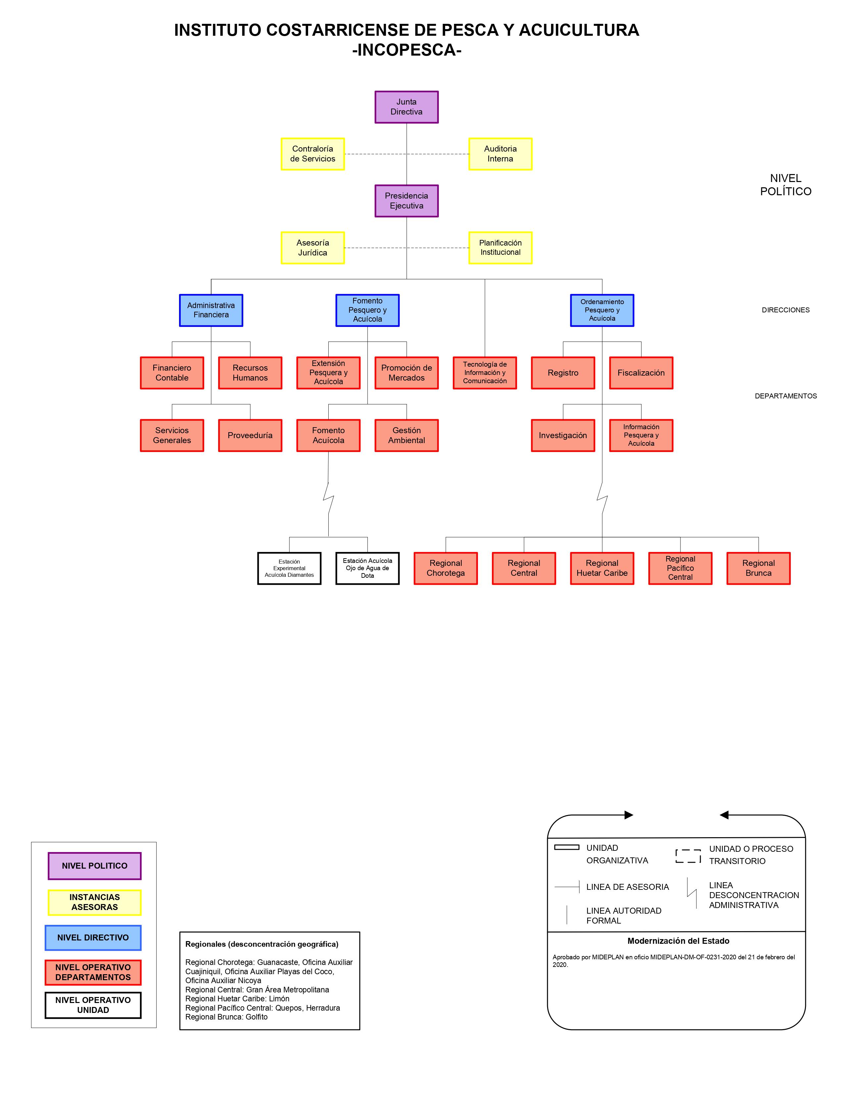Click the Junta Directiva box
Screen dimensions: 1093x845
tap(406, 107)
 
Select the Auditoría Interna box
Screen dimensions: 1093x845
tap(500, 154)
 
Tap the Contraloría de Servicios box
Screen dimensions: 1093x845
tap(313, 154)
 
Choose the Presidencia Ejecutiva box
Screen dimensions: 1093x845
tap(406, 201)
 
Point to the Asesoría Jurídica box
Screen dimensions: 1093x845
tap(313, 248)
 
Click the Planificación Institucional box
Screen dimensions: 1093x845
tap(500, 248)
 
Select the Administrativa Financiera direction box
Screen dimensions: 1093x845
tap(211, 310)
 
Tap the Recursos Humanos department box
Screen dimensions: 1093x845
tap(250, 373)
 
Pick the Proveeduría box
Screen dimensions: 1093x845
tap(250, 435)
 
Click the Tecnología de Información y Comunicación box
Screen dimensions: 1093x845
tap(485, 373)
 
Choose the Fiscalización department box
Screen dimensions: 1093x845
tap(641, 373)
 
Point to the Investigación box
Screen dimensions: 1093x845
tap(563, 435)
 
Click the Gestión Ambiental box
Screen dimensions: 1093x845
tap(406, 435)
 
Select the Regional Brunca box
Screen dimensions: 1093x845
tap(758, 568)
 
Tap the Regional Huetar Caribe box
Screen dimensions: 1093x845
tap(602, 568)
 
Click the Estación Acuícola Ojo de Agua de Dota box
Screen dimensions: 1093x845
tap(367, 568)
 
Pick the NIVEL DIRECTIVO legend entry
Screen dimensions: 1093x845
tap(93, 937)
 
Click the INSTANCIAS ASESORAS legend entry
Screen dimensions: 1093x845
tap(95, 902)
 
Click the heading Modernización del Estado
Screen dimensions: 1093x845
tap(678, 941)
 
